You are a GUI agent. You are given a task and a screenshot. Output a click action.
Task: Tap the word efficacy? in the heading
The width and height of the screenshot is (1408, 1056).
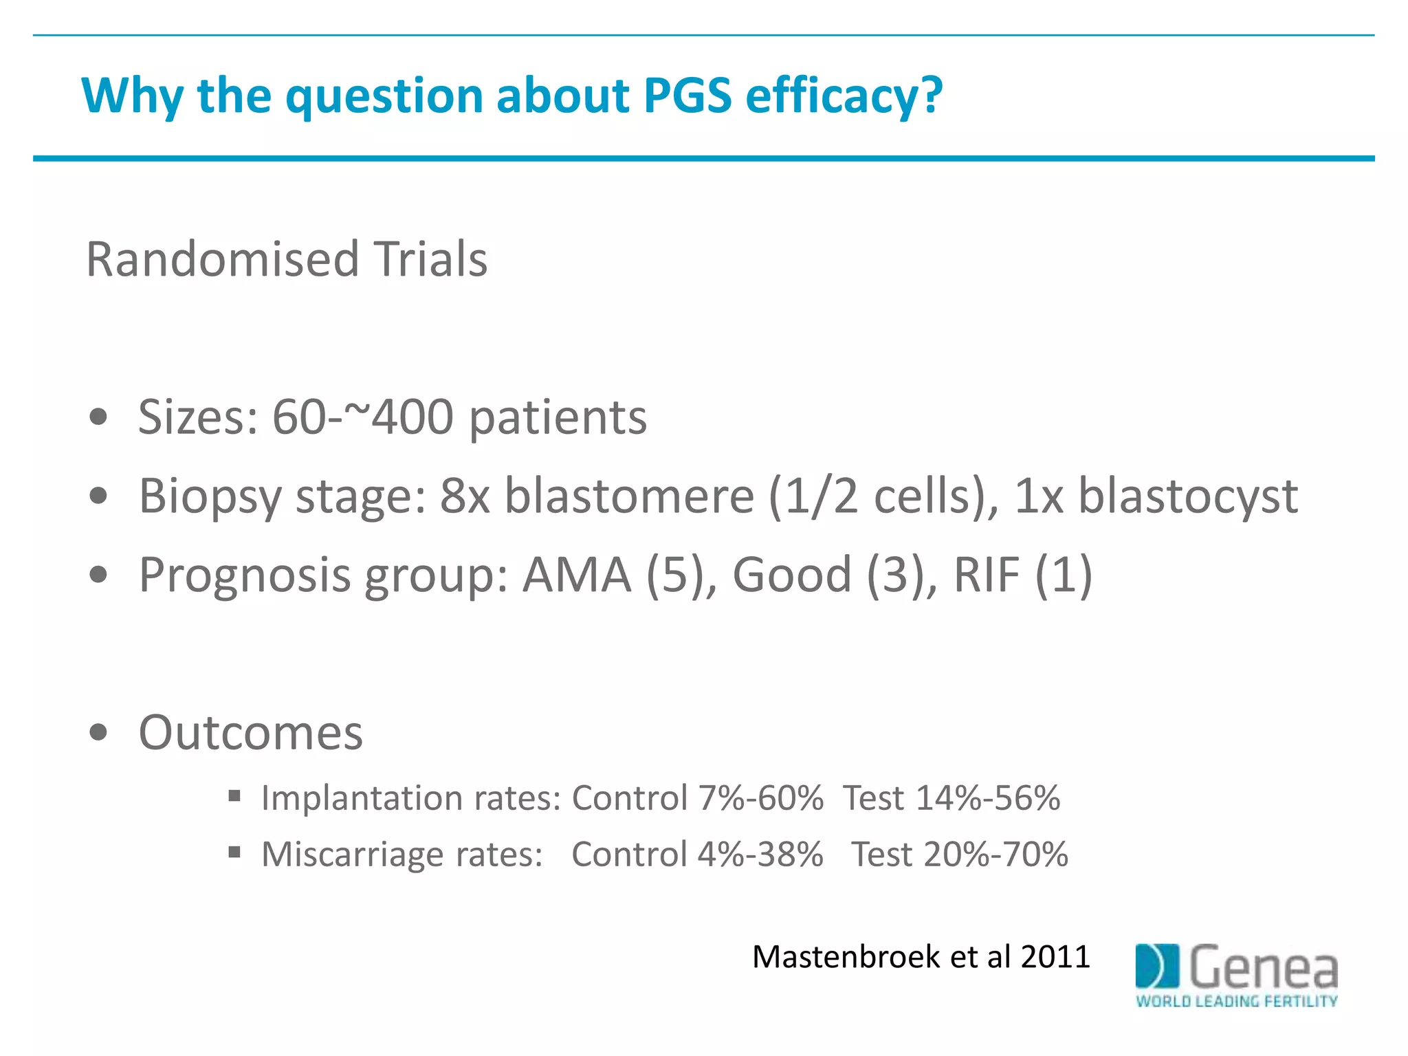tap(844, 96)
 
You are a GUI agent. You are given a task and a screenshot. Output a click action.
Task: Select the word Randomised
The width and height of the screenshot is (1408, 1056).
tap(222, 259)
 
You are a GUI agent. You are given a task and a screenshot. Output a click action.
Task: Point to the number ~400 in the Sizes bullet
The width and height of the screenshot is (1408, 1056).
tap(398, 417)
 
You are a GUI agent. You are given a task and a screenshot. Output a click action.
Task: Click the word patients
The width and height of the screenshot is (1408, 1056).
tap(558, 418)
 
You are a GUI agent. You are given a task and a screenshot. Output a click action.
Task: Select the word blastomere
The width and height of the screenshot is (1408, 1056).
tap(629, 496)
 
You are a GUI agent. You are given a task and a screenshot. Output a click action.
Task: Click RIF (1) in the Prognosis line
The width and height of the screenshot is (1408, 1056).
tap(1022, 575)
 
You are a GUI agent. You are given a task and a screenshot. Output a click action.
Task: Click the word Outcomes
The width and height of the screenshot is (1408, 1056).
tap(250, 733)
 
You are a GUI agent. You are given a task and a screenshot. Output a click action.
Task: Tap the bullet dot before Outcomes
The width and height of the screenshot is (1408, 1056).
tap(99, 733)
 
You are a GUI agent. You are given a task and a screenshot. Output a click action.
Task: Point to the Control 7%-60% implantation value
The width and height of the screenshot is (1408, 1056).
tap(697, 798)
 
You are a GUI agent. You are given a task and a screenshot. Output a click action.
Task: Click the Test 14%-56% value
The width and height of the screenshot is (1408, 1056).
tap(951, 798)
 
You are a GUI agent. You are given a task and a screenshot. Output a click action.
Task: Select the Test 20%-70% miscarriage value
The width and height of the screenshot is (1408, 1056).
tap(959, 855)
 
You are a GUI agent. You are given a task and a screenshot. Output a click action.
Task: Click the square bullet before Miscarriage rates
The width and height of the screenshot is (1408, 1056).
tap(234, 853)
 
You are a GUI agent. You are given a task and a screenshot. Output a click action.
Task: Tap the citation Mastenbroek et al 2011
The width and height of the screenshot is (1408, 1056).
tap(921, 956)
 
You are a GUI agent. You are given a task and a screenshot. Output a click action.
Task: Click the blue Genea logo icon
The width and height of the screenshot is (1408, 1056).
tap(1157, 966)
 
